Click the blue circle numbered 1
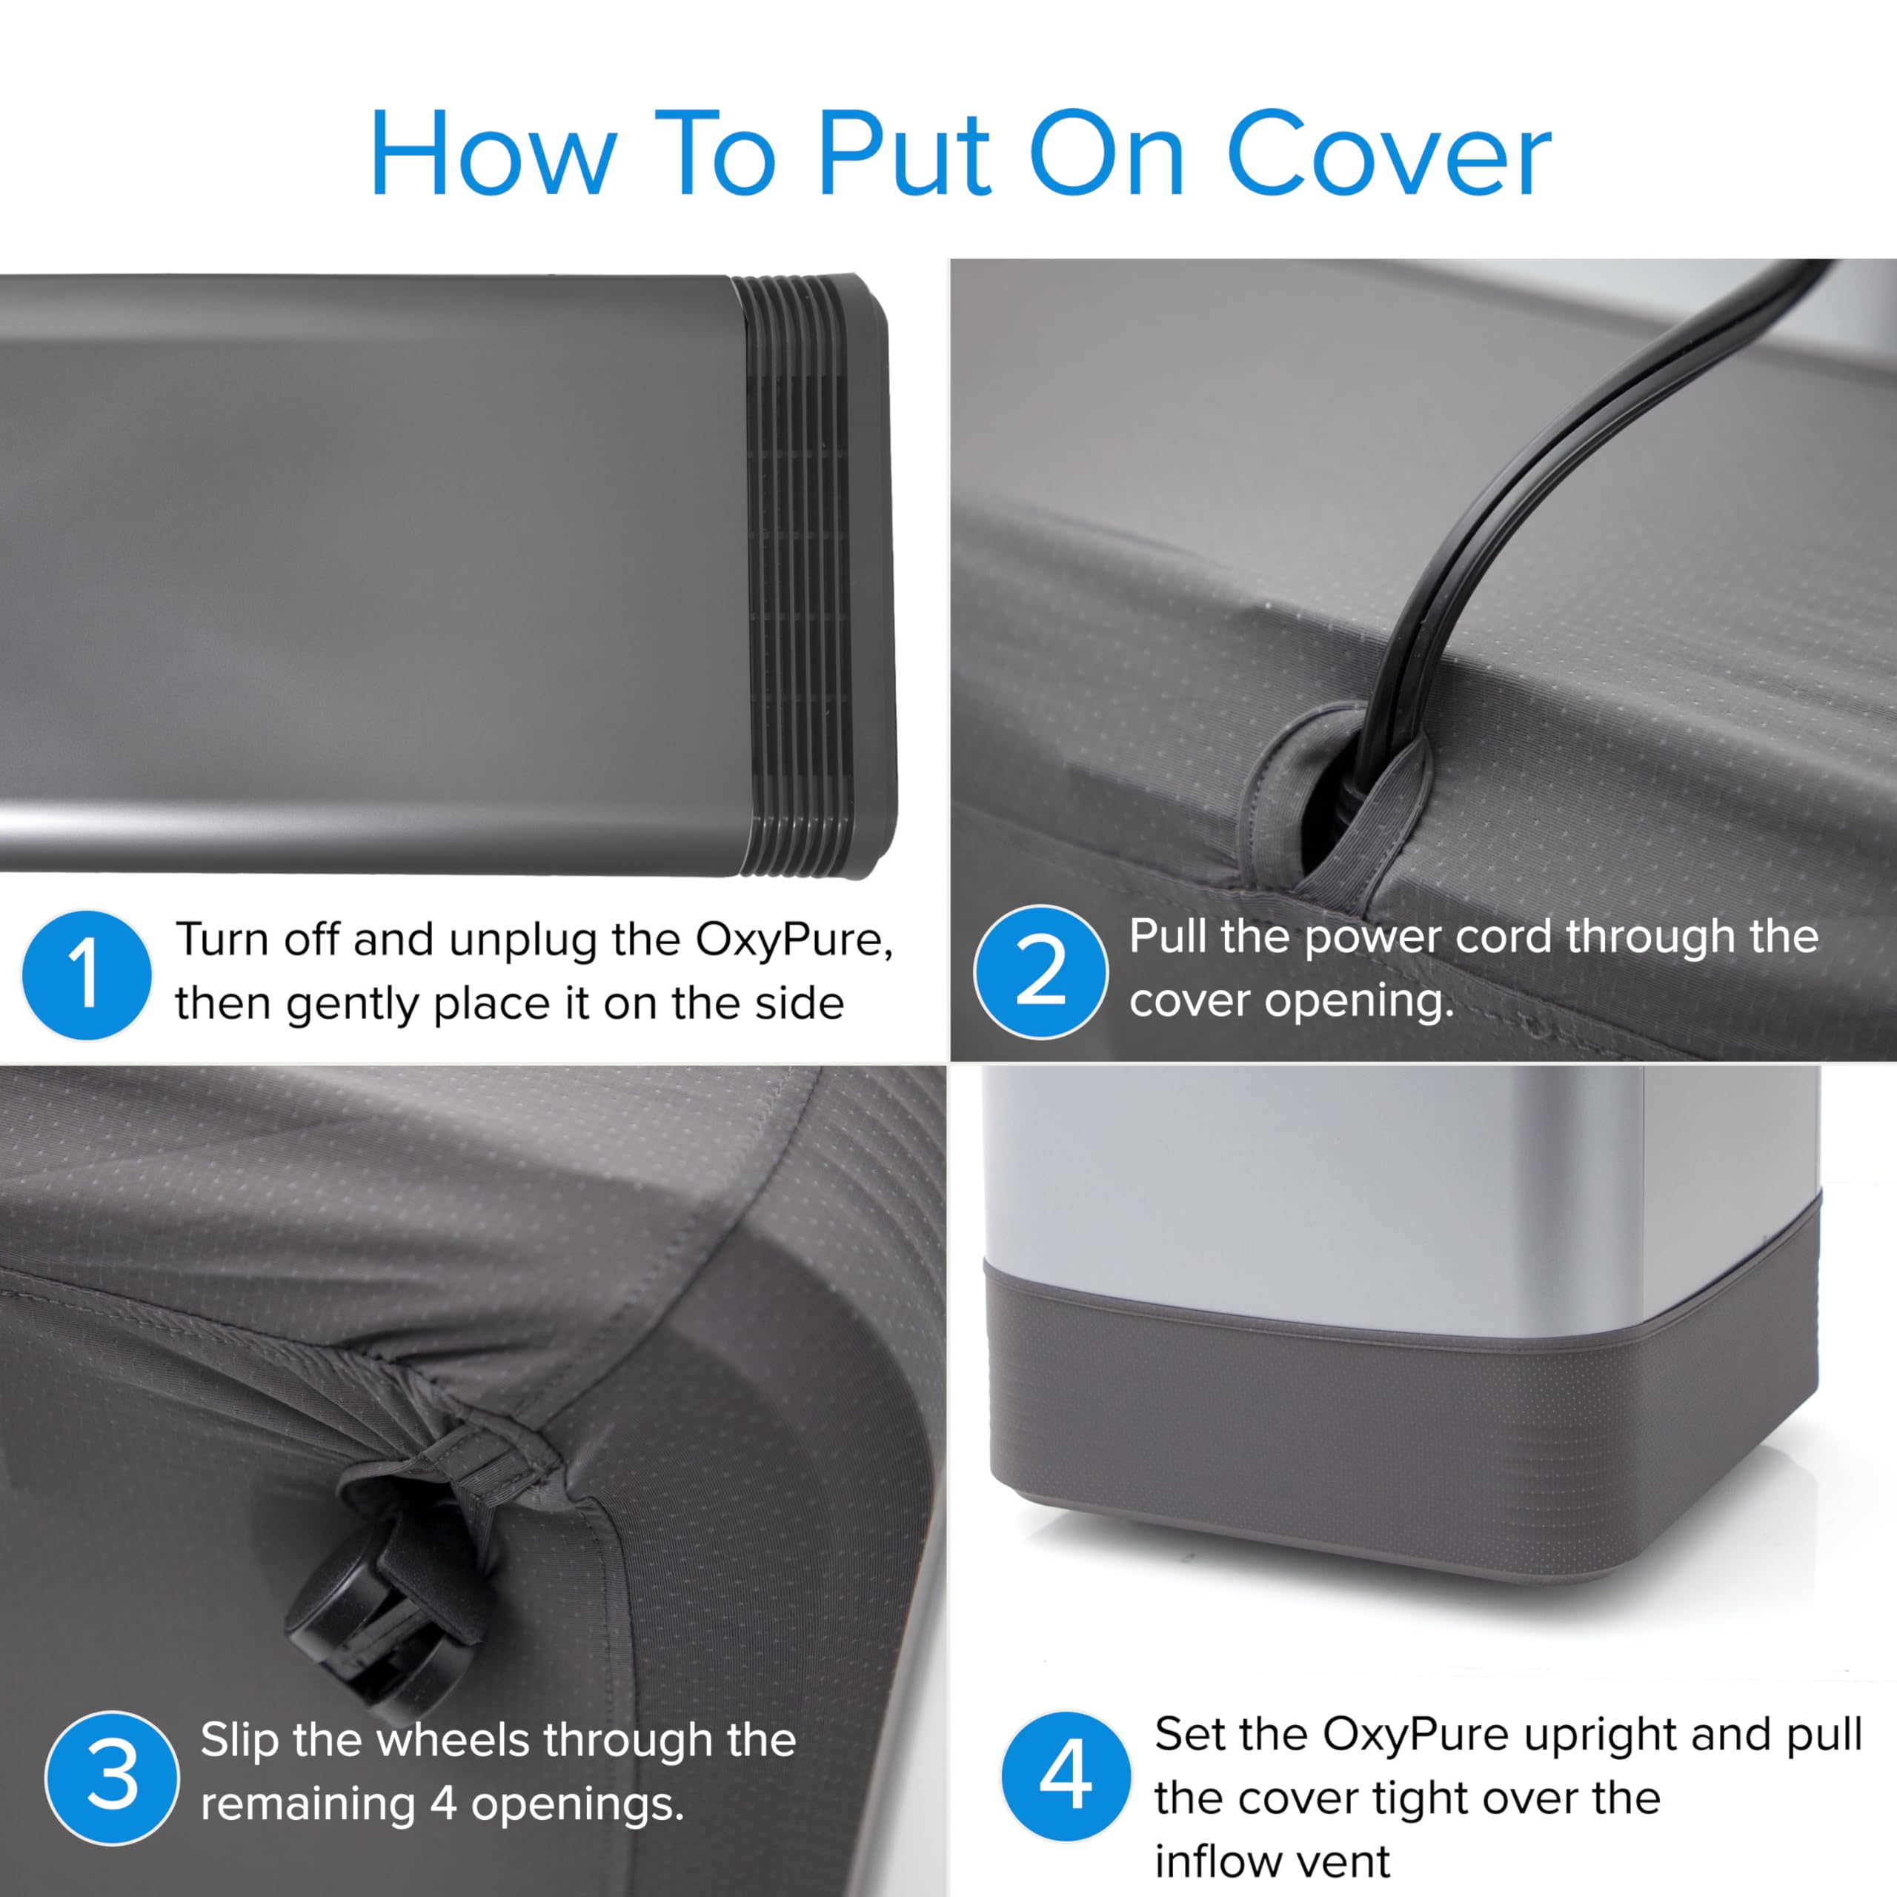point(87,975)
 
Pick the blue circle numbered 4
point(1066,1776)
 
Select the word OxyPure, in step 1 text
point(794,940)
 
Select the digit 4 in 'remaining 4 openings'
point(444,1804)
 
